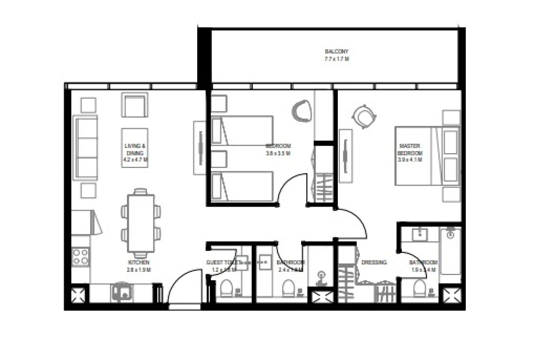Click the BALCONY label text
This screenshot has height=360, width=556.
[337, 51]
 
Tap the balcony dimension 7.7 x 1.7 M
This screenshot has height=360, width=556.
[337, 59]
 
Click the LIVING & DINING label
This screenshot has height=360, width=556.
[135, 150]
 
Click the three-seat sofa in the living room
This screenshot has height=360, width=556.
[86, 148]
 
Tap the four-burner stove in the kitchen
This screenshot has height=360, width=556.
[80, 257]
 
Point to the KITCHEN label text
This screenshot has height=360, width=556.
[139, 262]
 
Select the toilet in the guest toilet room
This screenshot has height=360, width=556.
[226, 288]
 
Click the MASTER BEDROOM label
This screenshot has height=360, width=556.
[410, 150]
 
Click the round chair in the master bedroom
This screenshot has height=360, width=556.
[363, 117]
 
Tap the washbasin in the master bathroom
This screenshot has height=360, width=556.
[420, 234]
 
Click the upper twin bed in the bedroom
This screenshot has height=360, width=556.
[242, 130]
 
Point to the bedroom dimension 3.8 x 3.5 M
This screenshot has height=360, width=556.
[278, 153]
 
